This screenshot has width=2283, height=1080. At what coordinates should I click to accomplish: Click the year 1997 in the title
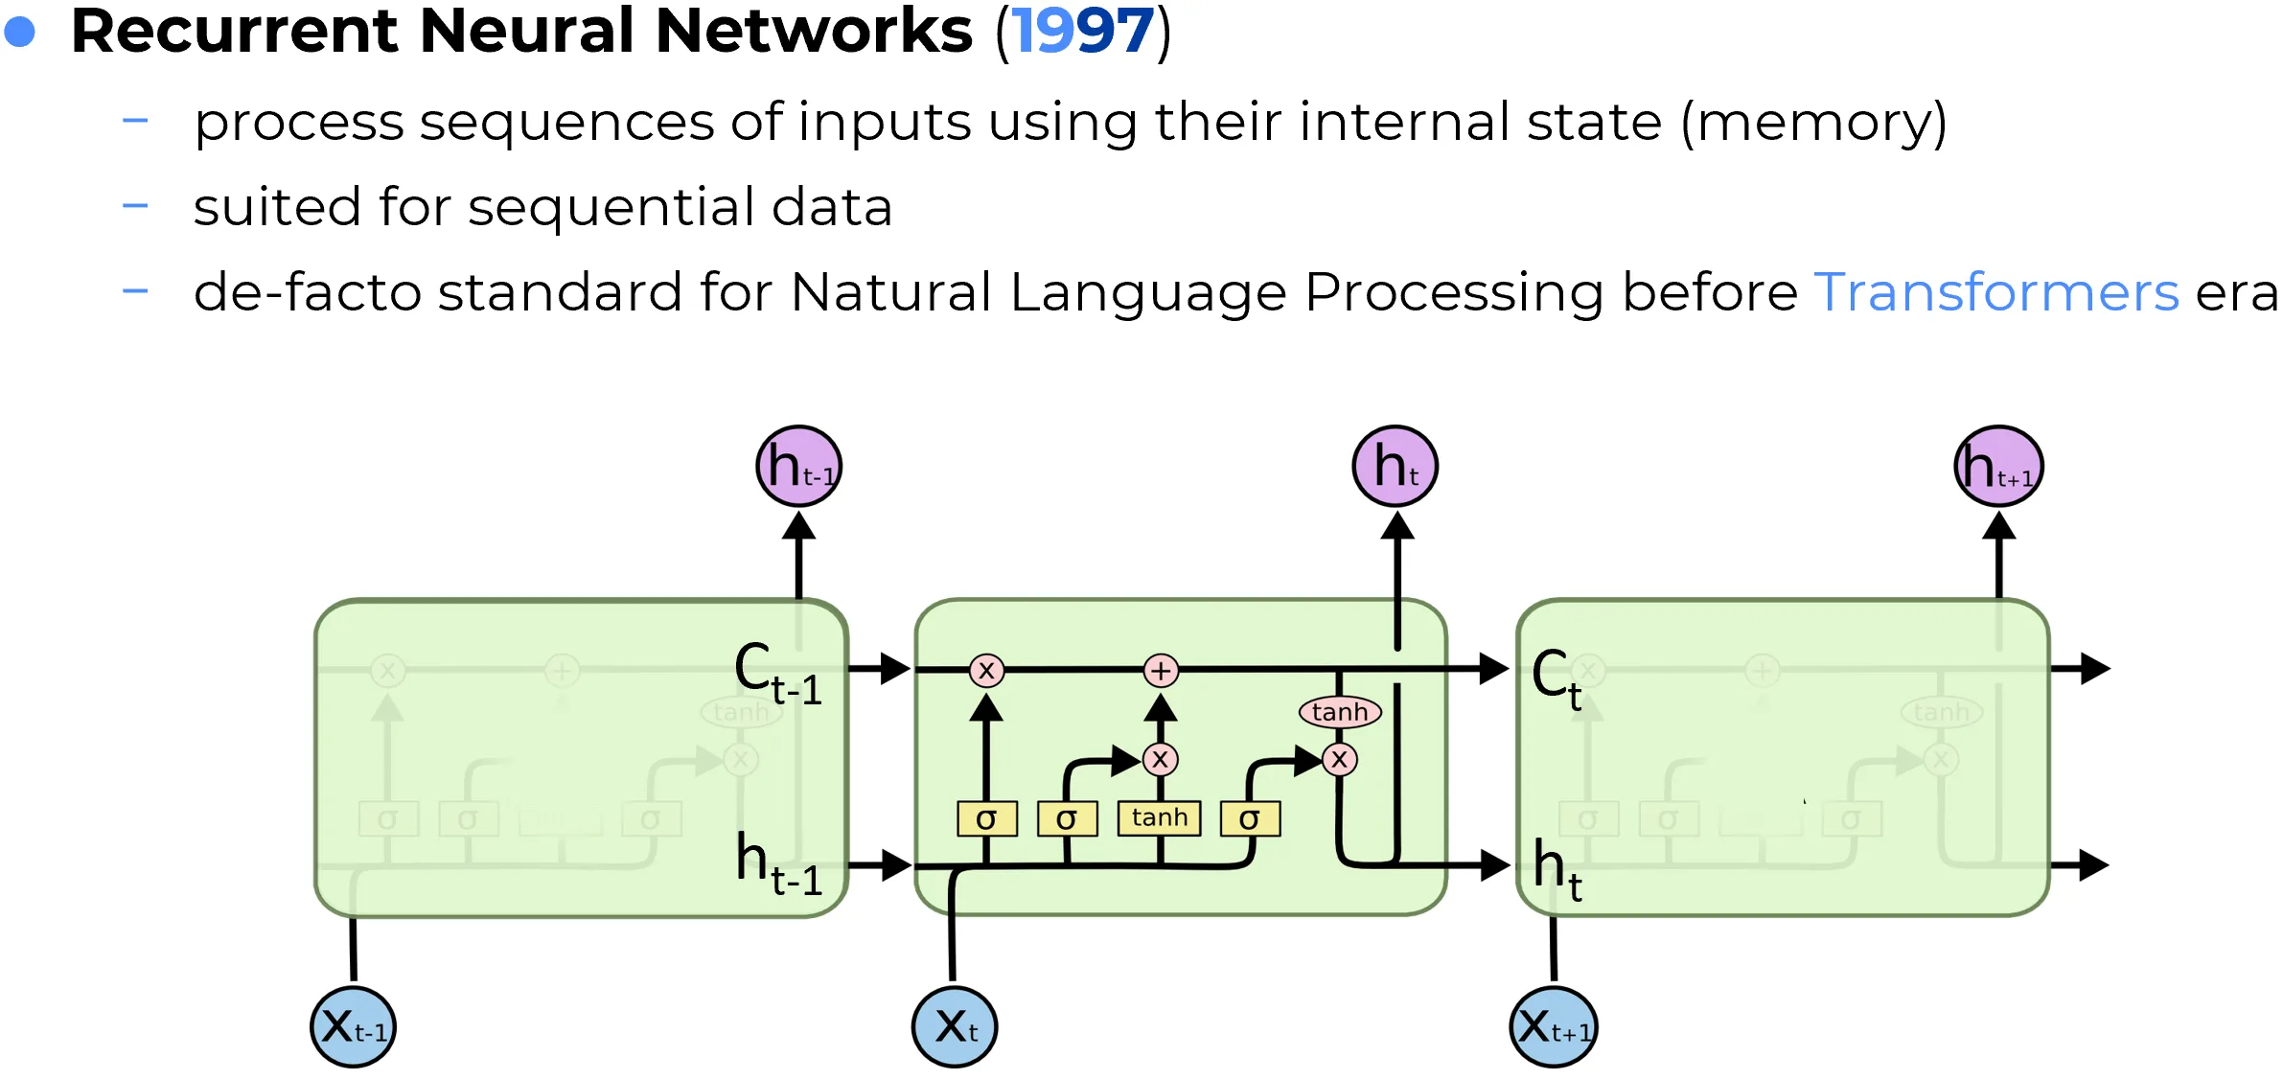1083,32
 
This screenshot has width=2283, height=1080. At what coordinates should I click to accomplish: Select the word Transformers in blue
1996,292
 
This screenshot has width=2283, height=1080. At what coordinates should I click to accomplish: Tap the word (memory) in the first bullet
1813,124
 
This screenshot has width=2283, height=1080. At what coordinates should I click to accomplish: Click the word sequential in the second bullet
611,208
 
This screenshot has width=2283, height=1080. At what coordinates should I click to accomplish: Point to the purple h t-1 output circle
798,467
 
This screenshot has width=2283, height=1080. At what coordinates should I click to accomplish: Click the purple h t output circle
1395,467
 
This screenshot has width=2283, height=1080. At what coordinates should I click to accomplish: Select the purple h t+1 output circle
1998,467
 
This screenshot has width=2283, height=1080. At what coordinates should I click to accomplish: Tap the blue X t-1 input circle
353,1027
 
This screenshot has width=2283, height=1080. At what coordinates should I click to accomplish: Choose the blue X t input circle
955,1027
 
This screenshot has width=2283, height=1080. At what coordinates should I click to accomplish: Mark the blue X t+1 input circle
1554,1027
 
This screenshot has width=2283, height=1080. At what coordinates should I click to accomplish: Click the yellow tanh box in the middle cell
1159,818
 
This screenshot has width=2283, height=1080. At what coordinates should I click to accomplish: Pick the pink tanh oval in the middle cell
1340,712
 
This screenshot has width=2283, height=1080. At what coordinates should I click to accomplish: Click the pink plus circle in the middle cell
1161,671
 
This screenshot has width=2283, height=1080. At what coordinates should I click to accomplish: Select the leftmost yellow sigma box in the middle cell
986,819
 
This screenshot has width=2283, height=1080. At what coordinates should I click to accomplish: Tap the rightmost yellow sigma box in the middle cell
1250,819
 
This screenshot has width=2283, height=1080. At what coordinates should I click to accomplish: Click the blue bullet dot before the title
20,33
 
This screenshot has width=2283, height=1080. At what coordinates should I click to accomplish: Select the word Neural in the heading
526,32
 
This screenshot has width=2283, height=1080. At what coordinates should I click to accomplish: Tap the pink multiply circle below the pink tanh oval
1340,760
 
